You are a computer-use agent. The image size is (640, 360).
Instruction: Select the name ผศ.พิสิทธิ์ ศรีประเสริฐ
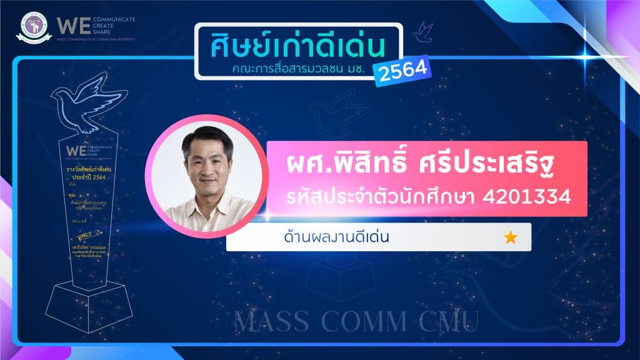[x=417, y=166]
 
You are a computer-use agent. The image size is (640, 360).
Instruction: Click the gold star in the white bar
[x=510, y=237]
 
